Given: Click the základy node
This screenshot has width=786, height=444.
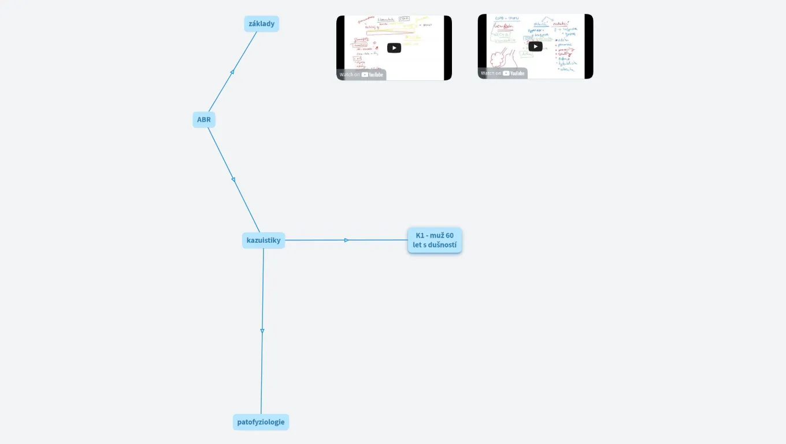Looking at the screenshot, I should click(x=261, y=24).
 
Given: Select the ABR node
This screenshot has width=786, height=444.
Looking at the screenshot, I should click(x=204, y=120).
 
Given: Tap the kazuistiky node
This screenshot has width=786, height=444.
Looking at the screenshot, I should click(x=264, y=240).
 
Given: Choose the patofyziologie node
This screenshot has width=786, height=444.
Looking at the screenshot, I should click(x=261, y=422).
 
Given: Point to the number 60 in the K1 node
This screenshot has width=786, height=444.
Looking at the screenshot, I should click(x=450, y=235).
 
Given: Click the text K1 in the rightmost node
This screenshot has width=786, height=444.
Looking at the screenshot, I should click(x=420, y=235).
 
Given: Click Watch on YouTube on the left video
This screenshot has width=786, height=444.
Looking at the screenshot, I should click(x=361, y=75).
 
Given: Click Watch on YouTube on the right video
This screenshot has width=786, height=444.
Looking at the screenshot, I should click(x=503, y=73).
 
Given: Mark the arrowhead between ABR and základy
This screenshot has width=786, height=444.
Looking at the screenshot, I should click(x=232, y=72).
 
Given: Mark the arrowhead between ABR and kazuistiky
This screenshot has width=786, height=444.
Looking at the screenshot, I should click(x=233, y=180).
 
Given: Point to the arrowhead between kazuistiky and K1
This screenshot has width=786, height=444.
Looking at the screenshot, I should click(x=347, y=240).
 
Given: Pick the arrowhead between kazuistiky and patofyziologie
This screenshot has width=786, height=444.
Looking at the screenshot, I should click(x=262, y=331).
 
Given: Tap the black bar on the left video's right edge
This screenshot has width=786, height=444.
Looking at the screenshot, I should click(x=448, y=47).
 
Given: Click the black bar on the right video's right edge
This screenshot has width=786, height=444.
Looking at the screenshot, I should click(x=589, y=46).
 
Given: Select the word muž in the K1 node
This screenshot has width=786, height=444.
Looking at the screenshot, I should click(x=436, y=235).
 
